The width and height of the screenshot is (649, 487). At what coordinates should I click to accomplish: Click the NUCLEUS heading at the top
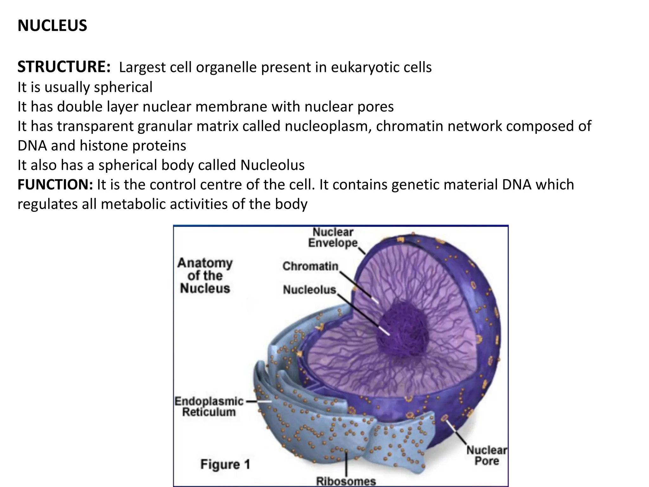pyautogui.click(x=52, y=26)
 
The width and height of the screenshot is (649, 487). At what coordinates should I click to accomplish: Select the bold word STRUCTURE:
pyautogui.click(x=64, y=67)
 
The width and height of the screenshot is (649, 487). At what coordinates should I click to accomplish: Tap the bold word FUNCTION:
pyautogui.click(x=55, y=185)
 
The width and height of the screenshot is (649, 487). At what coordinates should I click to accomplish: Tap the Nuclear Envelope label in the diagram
pyautogui.click(x=333, y=237)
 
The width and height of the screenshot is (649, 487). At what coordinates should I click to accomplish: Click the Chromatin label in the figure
pyautogui.click(x=310, y=266)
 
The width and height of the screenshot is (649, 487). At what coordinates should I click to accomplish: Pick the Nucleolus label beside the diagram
pyautogui.click(x=309, y=289)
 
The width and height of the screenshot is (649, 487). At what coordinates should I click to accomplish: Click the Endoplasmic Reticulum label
pyautogui.click(x=209, y=407)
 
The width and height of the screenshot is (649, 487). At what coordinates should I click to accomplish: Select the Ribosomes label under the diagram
pyautogui.click(x=346, y=481)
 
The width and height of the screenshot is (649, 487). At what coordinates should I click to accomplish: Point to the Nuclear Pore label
pyautogui.click(x=486, y=455)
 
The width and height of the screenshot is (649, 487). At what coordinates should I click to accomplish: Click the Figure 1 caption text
pyautogui.click(x=225, y=464)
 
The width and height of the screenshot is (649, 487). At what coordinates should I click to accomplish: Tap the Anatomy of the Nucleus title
pyautogui.click(x=205, y=276)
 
